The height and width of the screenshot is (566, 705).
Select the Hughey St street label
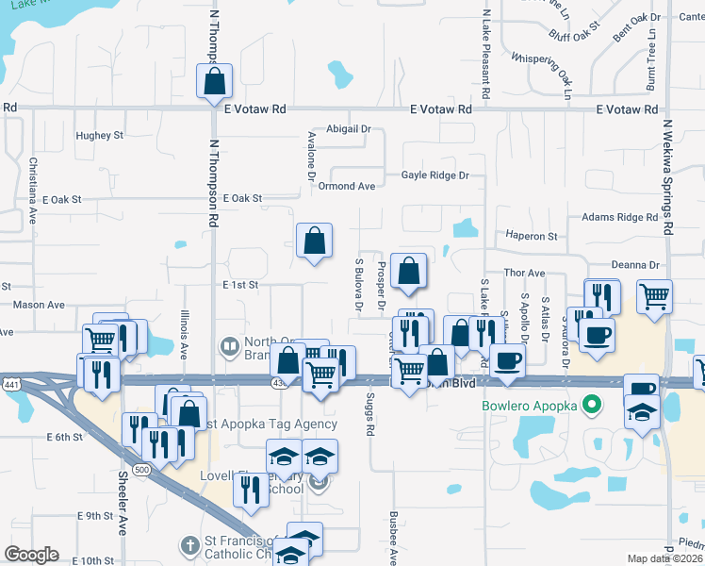click(101, 136)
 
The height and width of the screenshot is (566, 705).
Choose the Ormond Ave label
click(347, 186)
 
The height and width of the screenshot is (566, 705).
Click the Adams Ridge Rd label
click(619, 217)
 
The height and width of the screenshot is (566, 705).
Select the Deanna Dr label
click(635, 266)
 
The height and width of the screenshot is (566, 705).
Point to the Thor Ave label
click(525, 273)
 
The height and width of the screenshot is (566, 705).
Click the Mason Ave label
click(39, 305)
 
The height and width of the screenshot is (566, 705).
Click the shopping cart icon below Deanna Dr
click(654, 296)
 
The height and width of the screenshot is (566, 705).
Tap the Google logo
click(30, 555)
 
